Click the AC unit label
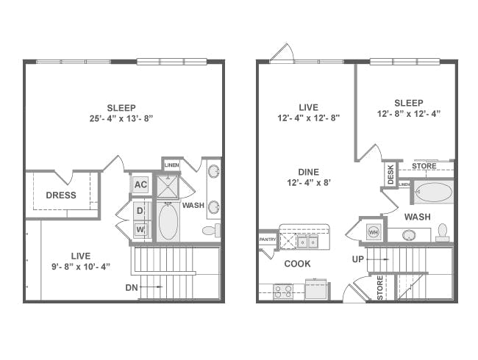[140, 184]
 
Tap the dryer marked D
[140, 210]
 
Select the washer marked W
[140, 229]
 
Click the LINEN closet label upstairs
[171, 165]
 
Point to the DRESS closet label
[61, 195]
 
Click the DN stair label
[132, 287]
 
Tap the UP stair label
[358, 259]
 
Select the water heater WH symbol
[374, 232]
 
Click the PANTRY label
[268, 240]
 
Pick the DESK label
[390, 175]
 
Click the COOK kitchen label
[297, 264]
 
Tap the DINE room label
[309, 173]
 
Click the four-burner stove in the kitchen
[283, 292]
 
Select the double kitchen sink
[307, 242]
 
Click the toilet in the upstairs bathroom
[211, 230]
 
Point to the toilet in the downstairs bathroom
[442, 232]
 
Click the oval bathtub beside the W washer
[168, 221]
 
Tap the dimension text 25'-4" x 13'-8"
[121, 118]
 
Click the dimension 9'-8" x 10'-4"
[81, 267]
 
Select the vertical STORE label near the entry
[380, 288]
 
